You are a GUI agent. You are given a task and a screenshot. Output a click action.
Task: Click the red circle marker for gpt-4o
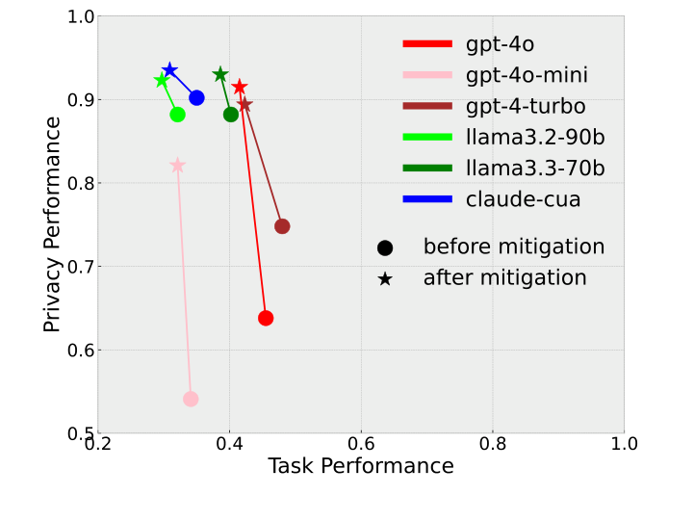point(266,318)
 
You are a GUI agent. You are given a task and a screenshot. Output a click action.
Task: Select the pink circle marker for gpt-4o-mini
point(191,399)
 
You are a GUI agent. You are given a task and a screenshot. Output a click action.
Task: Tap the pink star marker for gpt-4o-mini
point(177,166)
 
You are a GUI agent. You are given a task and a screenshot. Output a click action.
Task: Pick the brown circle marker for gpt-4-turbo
point(282,226)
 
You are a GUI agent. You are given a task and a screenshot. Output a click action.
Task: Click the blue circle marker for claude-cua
point(196,98)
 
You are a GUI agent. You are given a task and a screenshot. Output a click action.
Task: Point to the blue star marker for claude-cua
point(169,70)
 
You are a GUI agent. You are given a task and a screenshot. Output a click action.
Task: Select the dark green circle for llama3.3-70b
point(231,115)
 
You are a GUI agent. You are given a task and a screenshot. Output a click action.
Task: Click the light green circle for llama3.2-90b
point(177,115)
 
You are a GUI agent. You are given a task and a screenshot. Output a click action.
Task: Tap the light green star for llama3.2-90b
point(162,81)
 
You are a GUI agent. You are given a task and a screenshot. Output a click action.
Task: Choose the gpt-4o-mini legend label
point(527,75)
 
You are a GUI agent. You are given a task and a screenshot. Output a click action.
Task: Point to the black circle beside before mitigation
point(385,248)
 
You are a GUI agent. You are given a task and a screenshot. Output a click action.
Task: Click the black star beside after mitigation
point(385,279)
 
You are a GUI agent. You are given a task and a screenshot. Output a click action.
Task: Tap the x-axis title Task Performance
point(361,467)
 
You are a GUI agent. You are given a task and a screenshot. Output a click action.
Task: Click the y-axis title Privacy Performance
point(53,224)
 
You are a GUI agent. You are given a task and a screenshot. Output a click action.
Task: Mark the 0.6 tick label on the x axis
point(361,444)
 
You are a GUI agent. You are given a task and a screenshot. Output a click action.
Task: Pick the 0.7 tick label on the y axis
point(81,267)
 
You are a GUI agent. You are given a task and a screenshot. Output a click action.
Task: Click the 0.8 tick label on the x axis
point(493,444)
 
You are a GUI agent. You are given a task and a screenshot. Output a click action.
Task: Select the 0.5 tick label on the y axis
point(81,433)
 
